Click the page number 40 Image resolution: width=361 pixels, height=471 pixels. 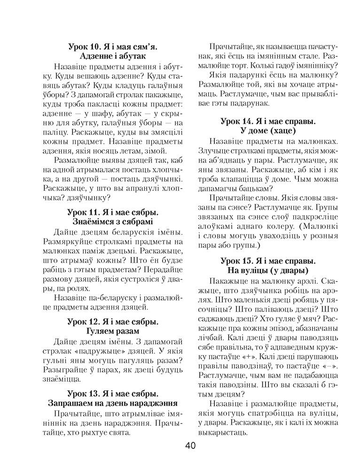pyautogui.click(x=190, y=446)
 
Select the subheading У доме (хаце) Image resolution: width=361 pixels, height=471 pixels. pyautogui.click(x=267, y=130)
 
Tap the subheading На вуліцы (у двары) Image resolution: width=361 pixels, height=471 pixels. pyautogui.click(x=267, y=270)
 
